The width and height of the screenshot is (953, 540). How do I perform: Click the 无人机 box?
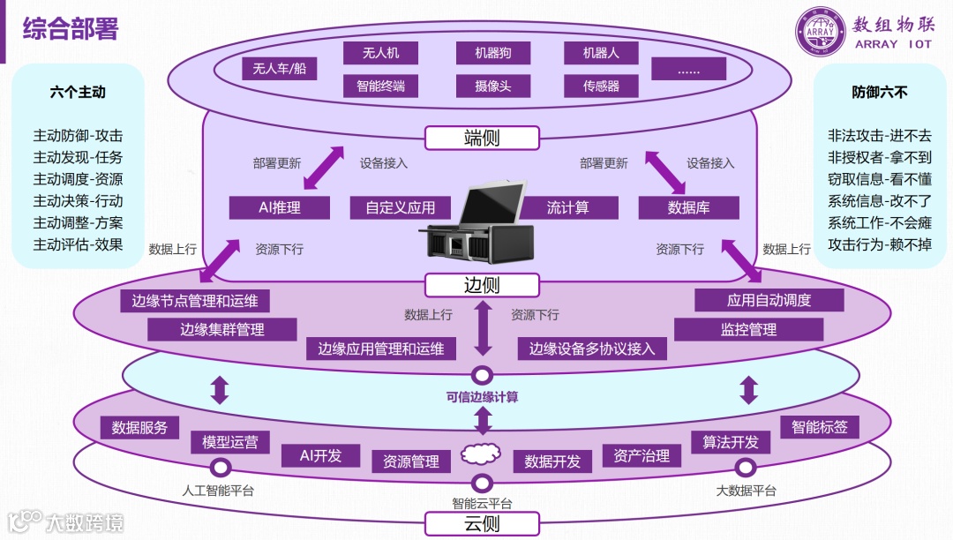(x=380, y=53)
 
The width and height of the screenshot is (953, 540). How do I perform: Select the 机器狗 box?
(x=494, y=53)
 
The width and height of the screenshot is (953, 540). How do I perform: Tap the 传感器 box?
(x=601, y=86)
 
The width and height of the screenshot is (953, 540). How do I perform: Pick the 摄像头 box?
(x=494, y=86)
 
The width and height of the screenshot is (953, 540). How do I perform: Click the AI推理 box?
(x=280, y=207)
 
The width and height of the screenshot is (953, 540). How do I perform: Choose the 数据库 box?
(x=688, y=207)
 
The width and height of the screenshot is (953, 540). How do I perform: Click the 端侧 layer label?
(x=482, y=138)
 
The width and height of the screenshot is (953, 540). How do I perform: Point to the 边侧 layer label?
(x=482, y=285)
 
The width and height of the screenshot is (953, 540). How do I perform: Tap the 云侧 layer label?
(x=482, y=524)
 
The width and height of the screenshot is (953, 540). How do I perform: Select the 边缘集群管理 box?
(x=221, y=329)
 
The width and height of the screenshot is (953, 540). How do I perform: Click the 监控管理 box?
(x=748, y=329)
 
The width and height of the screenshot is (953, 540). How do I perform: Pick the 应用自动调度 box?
(x=769, y=300)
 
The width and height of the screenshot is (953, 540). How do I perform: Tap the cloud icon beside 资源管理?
(x=481, y=455)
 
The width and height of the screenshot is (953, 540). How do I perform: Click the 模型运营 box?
(x=230, y=442)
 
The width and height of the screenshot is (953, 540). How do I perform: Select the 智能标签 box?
(x=819, y=427)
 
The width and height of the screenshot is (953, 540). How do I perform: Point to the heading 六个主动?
(x=78, y=93)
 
